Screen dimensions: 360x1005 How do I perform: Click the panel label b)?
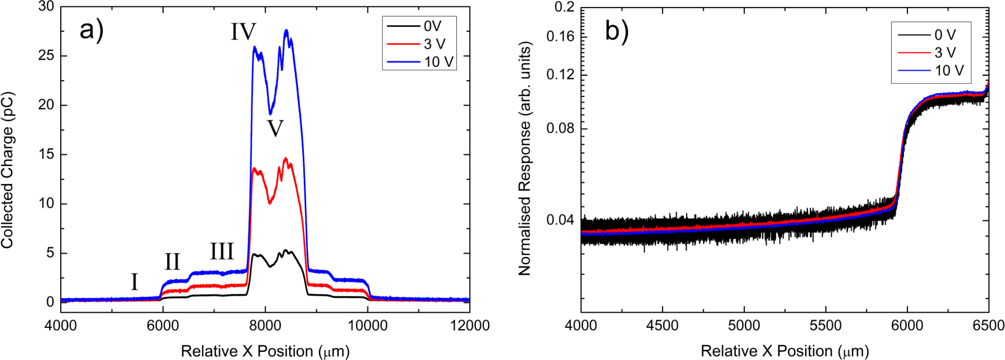616,31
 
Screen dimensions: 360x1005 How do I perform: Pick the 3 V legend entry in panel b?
945,53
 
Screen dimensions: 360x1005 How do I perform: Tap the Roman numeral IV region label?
243,32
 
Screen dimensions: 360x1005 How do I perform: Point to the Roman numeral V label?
275,129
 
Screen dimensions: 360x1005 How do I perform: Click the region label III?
222,252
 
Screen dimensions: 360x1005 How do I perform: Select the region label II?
172,262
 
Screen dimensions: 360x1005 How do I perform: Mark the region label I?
134,282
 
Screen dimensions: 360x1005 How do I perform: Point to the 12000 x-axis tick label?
470,326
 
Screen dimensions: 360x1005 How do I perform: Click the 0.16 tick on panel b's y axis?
560,37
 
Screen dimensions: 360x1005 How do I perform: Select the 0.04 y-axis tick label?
560,220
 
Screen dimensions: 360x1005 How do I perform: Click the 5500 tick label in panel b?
826,326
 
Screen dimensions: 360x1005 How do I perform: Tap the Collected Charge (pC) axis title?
8,169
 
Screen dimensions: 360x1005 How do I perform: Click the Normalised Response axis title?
524,159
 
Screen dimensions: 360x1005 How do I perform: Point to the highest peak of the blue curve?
286,30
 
